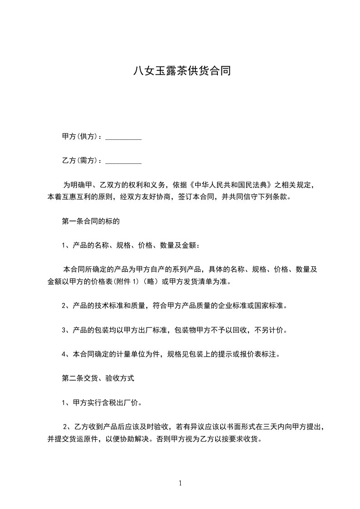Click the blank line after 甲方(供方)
pos(123,137)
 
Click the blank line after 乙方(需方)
pos(123,161)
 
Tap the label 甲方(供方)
pos(80,137)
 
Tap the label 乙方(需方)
pos(80,161)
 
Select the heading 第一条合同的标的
pos(91,222)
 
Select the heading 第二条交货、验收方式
pos(98,377)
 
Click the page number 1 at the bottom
pos(180,484)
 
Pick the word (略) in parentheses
pos(150,282)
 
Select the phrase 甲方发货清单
pos(191,282)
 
